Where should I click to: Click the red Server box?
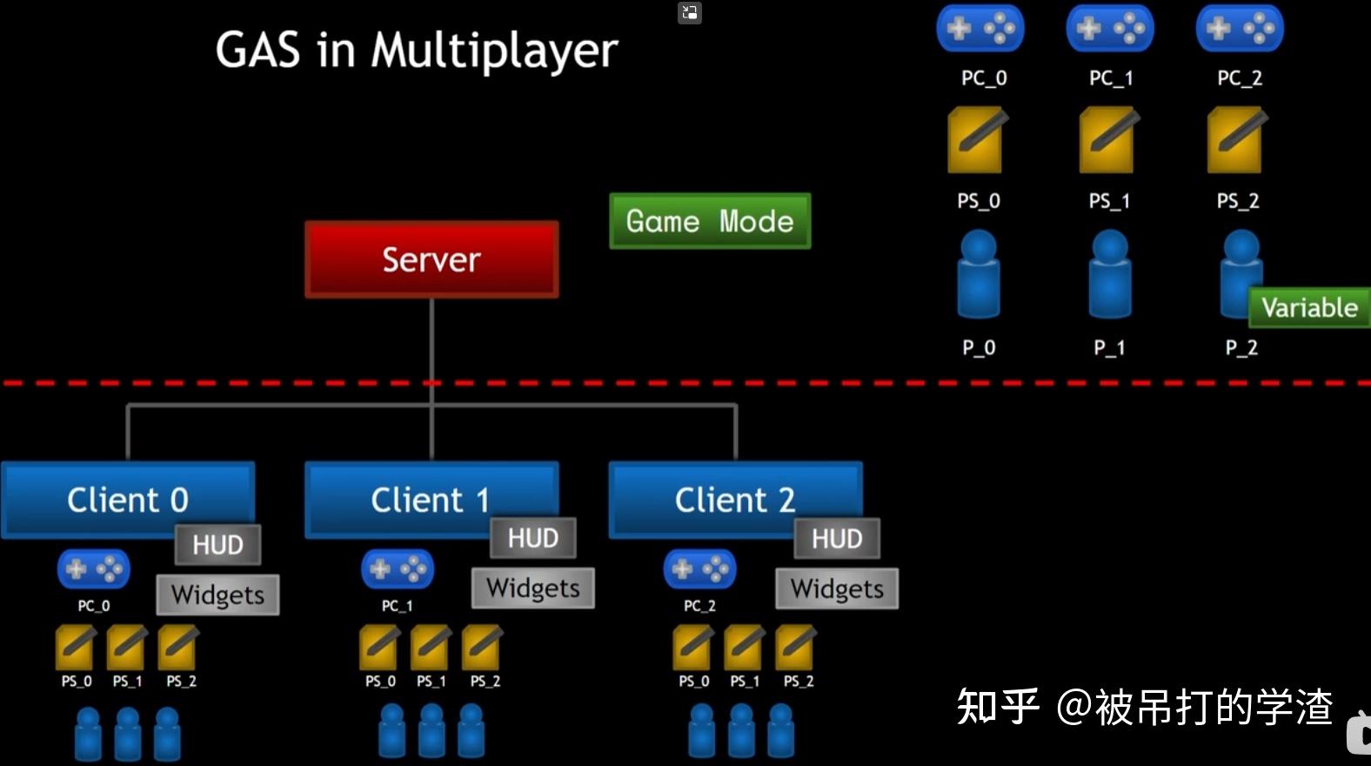431,259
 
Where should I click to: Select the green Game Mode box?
710,221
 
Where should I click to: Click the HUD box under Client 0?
217,545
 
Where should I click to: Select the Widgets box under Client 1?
532,588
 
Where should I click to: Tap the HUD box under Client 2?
837,539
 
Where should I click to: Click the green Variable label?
1309,307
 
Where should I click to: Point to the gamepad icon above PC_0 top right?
980,29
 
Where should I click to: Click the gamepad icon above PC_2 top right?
1239,29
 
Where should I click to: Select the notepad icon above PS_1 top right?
1107,140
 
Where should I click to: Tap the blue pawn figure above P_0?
979,274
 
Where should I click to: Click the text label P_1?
1109,348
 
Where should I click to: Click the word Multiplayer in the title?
494,50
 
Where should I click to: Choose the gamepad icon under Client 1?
397,570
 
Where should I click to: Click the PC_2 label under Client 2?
699,606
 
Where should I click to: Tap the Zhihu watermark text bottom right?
1144,706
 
